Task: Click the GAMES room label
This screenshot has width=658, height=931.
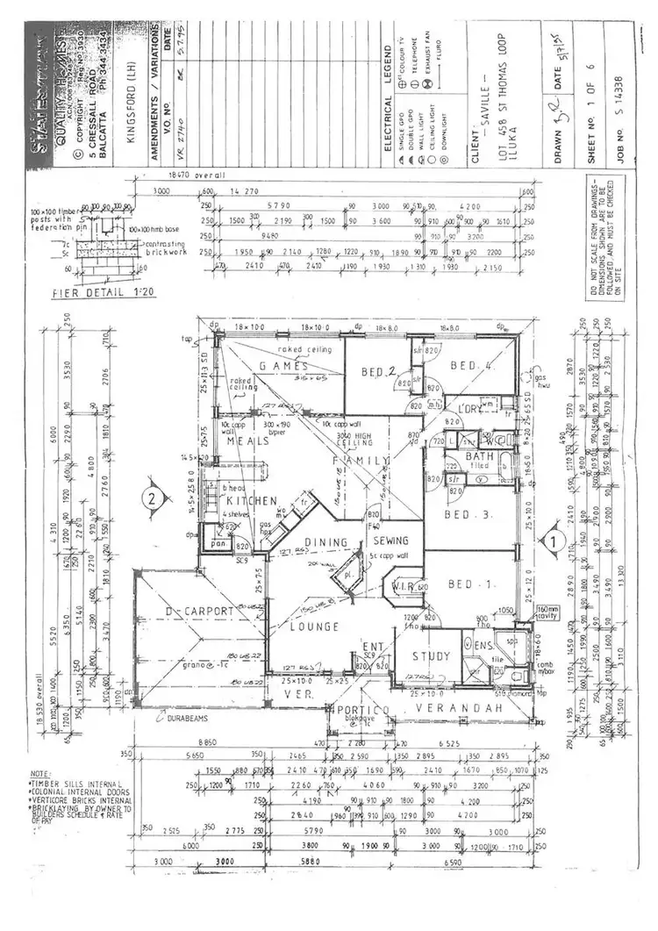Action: (283, 365)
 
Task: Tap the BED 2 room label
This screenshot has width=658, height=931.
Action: (380, 372)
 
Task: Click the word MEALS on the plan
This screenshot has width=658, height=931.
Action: (248, 441)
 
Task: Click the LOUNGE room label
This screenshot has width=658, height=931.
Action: (317, 627)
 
